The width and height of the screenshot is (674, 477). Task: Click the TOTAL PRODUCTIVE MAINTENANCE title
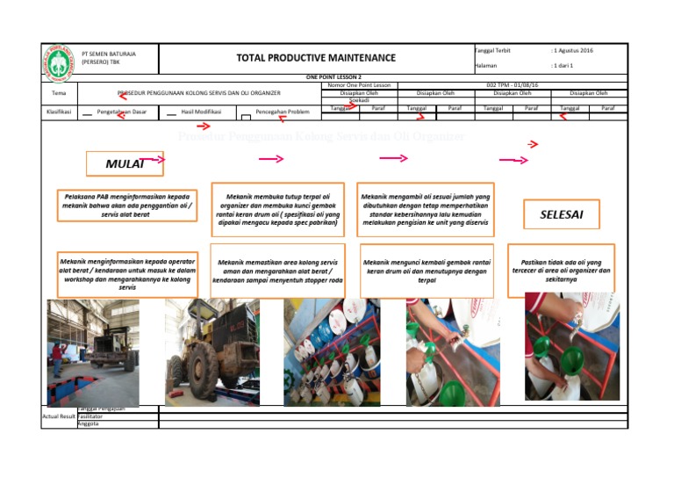click(x=316, y=58)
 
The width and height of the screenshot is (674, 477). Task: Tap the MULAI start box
click(x=125, y=164)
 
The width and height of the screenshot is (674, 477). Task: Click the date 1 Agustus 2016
click(x=571, y=51)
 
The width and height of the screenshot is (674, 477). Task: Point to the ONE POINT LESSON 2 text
click(x=334, y=77)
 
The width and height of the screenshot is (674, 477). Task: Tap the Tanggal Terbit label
click(x=492, y=51)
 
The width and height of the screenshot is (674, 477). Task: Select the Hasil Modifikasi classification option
click(x=200, y=112)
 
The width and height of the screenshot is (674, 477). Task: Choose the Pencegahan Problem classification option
click(x=283, y=112)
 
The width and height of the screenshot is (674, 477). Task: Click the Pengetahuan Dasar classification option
click(x=121, y=112)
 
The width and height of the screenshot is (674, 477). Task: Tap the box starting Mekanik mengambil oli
click(x=426, y=205)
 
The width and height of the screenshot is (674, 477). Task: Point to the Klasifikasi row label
click(x=59, y=112)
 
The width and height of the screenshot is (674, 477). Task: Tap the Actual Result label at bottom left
click(x=58, y=416)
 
